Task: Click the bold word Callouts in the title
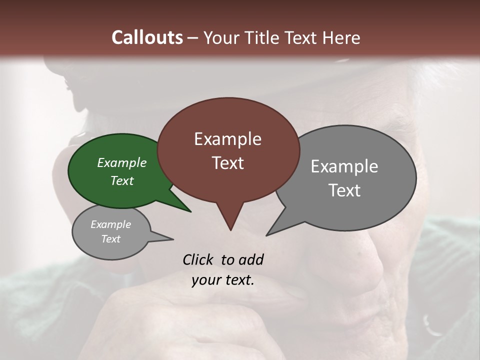(x=147, y=38)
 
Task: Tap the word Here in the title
(x=341, y=38)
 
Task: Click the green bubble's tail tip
(x=190, y=211)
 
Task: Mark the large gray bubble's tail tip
(x=267, y=235)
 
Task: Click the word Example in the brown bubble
(x=227, y=139)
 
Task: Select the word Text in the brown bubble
(x=227, y=163)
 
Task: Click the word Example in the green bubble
(x=122, y=163)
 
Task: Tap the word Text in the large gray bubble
(x=344, y=190)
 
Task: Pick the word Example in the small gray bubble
(x=110, y=224)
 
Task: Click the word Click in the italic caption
(x=199, y=259)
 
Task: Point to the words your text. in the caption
(x=223, y=280)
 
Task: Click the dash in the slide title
(x=193, y=38)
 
